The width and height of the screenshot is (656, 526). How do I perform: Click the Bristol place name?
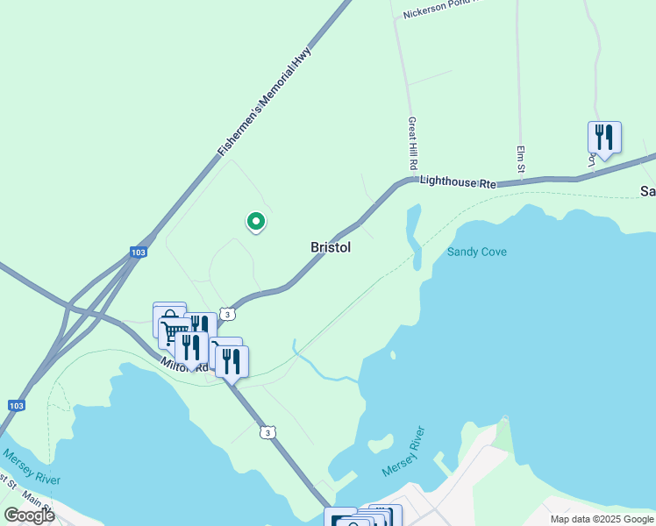click(x=331, y=248)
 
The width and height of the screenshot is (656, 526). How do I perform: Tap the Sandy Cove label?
click(x=477, y=252)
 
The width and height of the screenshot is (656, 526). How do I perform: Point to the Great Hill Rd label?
click(x=411, y=145)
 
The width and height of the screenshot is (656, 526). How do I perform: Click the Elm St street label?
click(x=520, y=158)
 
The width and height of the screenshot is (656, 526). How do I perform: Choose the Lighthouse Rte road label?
click(x=457, y=181)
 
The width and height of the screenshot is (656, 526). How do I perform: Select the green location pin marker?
click(x=255, y=223)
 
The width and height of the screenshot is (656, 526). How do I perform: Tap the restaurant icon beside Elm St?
click(x=604, y=137)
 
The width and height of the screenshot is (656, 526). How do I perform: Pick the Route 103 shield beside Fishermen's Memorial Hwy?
click(x=138, y=252)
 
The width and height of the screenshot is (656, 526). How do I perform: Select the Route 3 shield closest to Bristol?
click(x=227, y=314)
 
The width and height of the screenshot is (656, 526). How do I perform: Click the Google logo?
click(x=29, y=515)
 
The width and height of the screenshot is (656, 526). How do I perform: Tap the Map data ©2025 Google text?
click(x=601, y=519)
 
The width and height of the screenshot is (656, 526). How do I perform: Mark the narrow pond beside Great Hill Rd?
click(x=414, y=234)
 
